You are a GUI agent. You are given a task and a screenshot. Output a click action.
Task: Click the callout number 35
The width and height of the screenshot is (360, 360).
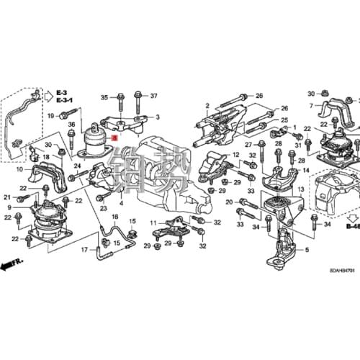(104, 96)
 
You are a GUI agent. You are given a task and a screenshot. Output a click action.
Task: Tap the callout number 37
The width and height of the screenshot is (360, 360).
(153, 96)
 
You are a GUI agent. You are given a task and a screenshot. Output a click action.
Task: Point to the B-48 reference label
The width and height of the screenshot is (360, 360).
(351, 226)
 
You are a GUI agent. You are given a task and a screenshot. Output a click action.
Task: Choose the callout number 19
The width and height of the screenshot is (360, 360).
(51, 115)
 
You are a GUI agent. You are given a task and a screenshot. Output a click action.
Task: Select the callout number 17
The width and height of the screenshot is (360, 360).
(84, 250)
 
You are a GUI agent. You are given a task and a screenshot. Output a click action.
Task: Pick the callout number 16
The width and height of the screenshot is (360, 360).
(114, 216)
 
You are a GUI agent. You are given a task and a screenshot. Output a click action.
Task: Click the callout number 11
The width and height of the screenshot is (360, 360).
(153, 224)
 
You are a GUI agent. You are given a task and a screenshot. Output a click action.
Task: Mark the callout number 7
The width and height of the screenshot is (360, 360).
(312, 106)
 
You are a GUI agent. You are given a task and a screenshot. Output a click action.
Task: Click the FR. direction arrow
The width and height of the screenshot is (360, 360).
(11, 266)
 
